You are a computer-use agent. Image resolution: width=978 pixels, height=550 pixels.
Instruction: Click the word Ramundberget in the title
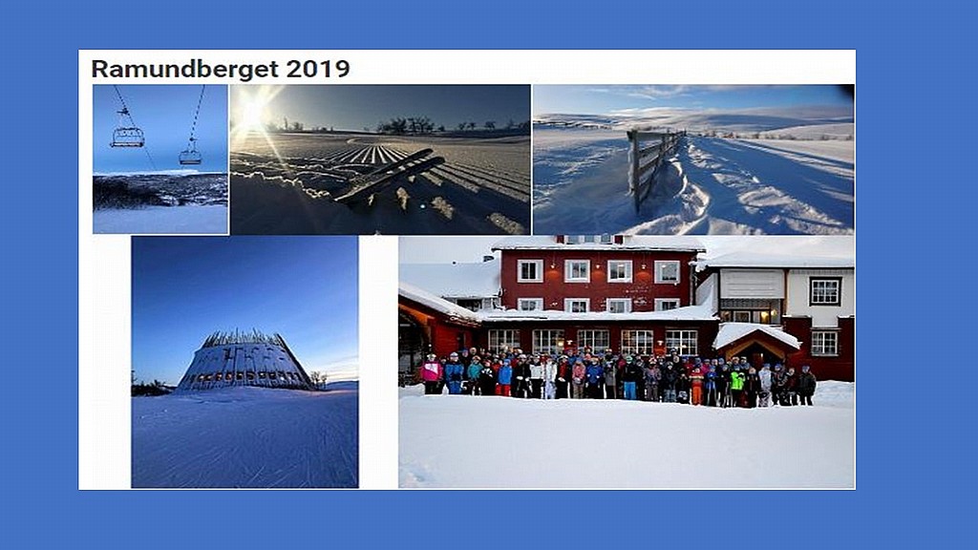click(x=184, y=69)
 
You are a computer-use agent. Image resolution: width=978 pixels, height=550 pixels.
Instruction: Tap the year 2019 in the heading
click(x=318, y=69)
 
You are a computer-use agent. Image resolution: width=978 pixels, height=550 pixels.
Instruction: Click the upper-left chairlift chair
click(x=127, y=136)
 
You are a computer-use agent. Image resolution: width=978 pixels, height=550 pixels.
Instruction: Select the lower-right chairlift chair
click(x=190, y=156)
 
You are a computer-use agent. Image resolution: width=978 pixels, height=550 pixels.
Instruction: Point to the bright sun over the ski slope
click(x=252, y=113)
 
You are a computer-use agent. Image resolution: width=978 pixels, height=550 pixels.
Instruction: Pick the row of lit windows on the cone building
click(x=244, y=376)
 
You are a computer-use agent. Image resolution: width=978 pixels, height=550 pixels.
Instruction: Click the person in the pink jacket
click(x=431, y=373)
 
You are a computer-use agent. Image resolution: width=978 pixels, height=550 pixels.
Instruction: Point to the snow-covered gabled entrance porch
click(x=756, y=345)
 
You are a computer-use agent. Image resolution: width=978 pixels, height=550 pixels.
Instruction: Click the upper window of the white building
click(x=825, y=291)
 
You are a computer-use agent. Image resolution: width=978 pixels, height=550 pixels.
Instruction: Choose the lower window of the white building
click(x=824, y=343)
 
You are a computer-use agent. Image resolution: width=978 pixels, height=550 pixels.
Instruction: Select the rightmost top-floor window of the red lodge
click(x=666, y=272)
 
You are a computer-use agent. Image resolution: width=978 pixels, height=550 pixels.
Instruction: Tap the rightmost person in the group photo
click(x=806, y=387)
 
